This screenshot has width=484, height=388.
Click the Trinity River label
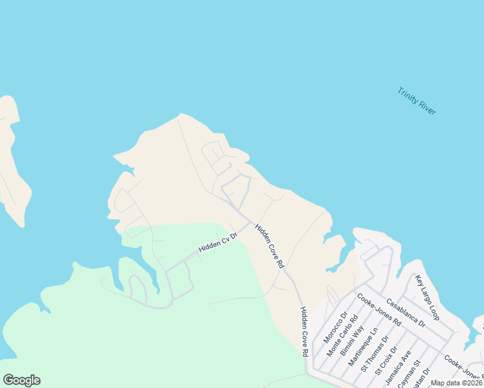pos(417,101)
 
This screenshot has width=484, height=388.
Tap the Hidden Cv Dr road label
pos(218,244)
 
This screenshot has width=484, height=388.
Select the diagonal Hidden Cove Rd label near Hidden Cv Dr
pos(269,246)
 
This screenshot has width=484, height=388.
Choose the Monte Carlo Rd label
pos(343,334)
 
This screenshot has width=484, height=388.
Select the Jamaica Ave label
pos(398,365)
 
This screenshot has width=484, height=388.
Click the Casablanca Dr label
pos(405,312)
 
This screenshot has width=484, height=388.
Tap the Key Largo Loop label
pos(428,298)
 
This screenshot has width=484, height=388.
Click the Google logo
pos(21,380)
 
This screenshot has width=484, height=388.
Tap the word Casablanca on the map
pos(401,308)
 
